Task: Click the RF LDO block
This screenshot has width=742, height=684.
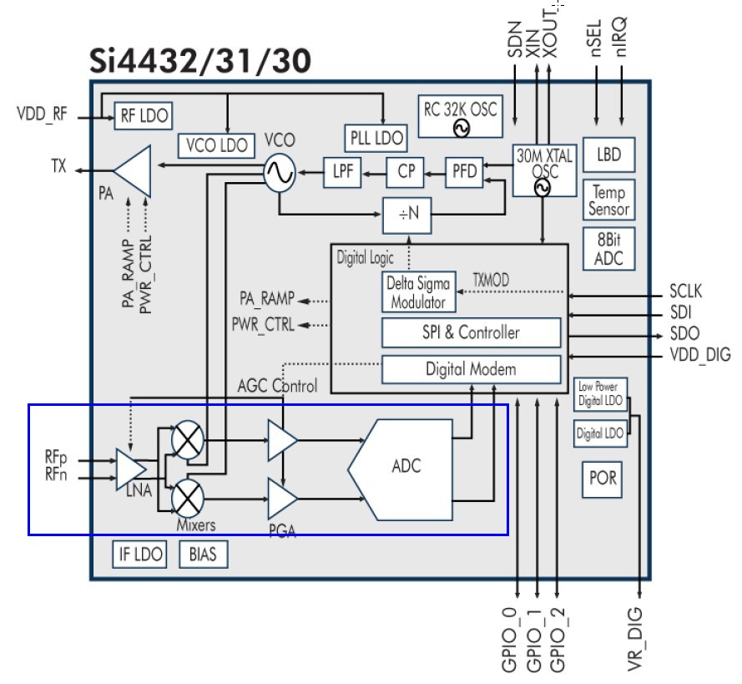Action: point(144,115)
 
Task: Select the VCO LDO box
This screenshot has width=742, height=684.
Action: point(216,145)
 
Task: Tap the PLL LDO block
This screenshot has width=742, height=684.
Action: point(376,139)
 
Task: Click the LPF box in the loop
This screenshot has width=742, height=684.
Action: point(342,171)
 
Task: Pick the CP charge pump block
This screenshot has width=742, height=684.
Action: point(405,171)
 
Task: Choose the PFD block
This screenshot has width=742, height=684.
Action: point(464,171)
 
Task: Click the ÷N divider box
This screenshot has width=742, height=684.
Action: point(407,215)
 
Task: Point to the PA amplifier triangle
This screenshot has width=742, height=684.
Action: point(133,171)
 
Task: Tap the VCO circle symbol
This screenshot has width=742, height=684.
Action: point(280,172)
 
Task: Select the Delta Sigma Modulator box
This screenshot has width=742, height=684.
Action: point(419,291)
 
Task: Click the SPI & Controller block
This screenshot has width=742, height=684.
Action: point(471,332)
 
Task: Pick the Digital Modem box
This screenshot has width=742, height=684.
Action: point(471,369)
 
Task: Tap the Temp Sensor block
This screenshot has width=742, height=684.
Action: point(608,200)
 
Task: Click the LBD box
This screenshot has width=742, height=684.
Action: point(608,155)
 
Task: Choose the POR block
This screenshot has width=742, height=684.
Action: point(602,479)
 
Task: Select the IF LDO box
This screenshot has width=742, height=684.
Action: point(139,554)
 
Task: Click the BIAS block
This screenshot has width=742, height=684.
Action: point(203,554)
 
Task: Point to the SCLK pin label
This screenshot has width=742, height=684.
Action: point(685,291)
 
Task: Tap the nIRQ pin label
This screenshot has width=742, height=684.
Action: point(621,37)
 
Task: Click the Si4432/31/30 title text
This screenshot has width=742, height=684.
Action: point(200,61)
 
